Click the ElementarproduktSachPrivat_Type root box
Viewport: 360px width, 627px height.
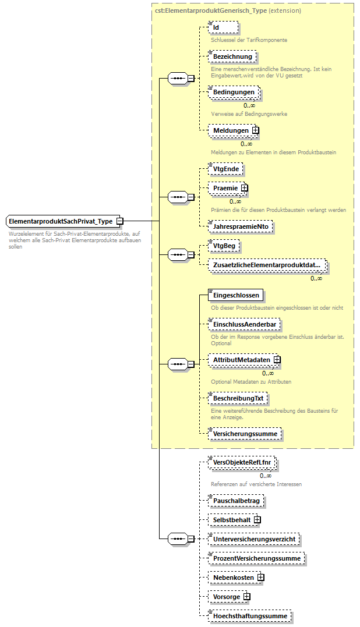(61, 221)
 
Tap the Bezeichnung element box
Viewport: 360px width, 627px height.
(232, 56)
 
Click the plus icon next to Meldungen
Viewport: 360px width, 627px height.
(255, 130)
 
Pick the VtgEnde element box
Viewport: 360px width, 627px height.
(226, 169)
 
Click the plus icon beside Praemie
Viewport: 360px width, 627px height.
(245, 188)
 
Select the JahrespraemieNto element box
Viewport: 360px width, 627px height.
(241, 226)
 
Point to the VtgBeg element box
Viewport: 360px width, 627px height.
(225, 246)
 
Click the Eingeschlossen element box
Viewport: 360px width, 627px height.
(237, 295)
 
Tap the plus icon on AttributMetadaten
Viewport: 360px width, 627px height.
(277, 360)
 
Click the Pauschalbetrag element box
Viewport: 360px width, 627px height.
(237, 500)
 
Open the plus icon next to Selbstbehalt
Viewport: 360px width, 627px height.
(257, 519)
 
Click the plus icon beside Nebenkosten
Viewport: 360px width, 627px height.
(260, 578)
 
